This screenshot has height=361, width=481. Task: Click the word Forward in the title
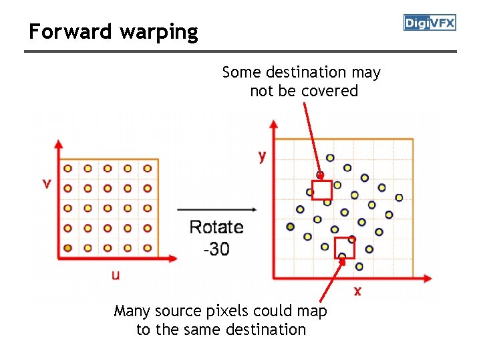point(62,31)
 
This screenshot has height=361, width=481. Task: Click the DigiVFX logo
point(430,23)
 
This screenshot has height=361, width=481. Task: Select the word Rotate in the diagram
point(216,227)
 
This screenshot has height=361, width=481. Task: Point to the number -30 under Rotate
point(216,249)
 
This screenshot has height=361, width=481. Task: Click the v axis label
point(46,183)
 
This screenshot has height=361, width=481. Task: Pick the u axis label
point(116,275)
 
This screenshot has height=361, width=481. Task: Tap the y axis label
point(262,156)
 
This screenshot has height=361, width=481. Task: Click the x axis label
point(357,291)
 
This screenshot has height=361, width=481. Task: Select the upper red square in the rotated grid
point(322,191)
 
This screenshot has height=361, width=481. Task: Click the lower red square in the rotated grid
point(344,247)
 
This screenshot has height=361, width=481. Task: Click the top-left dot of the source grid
point(67,168)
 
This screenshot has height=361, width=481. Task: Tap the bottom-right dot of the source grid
point(147,248)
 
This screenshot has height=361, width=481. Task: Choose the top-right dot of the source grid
point(147,168)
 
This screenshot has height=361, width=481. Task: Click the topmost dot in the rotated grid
point(330,158)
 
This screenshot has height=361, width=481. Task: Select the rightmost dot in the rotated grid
point(399,197)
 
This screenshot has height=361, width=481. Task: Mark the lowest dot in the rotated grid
point(359,266)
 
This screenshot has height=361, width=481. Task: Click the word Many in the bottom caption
point(132,312)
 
